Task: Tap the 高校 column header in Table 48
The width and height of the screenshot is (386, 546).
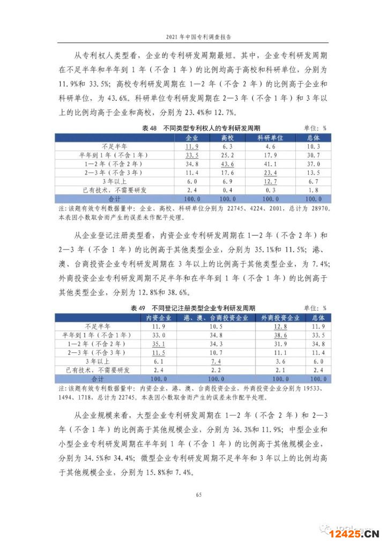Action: tap(228, 137)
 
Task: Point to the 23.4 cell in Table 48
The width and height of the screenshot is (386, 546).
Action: tap(270, 173)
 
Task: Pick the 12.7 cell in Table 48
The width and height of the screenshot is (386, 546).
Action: tap(270, 181)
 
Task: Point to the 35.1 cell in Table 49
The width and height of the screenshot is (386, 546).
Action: tap(159, 344)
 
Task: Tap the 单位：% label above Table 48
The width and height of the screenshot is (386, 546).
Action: tap(315, 128)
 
